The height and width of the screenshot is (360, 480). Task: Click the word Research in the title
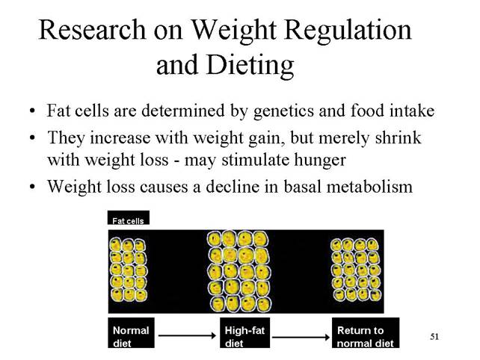click(92, 30)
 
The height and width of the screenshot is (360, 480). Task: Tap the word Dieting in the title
click(250, 66)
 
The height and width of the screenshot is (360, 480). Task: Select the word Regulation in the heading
click(348, 31)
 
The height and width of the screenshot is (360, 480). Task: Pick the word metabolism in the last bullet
click(369, 186)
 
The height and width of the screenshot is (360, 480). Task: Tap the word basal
click(303, 186)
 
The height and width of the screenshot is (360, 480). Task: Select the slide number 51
click(434, 337)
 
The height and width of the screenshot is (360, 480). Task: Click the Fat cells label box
click(129, 217)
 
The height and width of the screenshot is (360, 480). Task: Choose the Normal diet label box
click(131, 333)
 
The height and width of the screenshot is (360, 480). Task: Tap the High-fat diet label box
click(244, 333)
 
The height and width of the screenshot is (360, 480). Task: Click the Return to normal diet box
click(366, 333)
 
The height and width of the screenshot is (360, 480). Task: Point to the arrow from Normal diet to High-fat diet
click(188, 336)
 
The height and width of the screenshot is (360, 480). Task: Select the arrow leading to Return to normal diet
click(301, 337)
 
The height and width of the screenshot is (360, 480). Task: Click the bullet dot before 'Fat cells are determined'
click(32, 111)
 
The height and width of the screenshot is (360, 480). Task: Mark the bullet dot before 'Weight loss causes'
click(32, 186)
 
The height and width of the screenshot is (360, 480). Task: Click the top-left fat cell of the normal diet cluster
click(115, 245)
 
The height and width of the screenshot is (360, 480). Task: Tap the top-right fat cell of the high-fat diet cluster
click(260, 239)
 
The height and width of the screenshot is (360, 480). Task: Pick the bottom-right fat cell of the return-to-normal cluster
click(375, 295)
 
